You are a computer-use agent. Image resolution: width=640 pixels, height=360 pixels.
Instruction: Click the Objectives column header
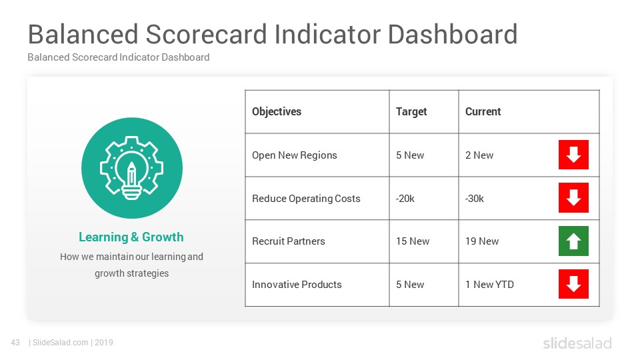tap(276, 112)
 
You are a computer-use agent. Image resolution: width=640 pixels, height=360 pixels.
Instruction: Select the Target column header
tap(411, 112)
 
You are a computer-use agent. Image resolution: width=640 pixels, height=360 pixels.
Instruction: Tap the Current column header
tap(483, 112)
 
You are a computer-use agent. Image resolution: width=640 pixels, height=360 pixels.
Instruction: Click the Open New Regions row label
tap(294, 155)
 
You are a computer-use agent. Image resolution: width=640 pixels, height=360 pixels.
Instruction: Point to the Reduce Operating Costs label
tap(306, 199)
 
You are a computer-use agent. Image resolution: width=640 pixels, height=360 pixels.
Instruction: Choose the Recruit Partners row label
tap(289, 241)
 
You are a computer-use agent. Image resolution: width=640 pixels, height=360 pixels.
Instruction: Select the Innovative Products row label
tap(297, 285)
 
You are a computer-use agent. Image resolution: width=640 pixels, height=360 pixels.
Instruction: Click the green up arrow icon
tap(573, 241)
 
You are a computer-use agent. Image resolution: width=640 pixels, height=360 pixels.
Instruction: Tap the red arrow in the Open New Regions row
tap(573, 155)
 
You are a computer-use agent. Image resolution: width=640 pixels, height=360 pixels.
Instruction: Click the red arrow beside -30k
tap(573, 197)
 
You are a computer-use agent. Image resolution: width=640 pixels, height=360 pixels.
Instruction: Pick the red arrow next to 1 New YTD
tap(573, 284)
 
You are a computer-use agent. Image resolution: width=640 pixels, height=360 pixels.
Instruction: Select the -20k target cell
tap(405, 199)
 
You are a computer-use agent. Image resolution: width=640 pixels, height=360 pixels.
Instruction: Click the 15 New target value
tap(413, 241)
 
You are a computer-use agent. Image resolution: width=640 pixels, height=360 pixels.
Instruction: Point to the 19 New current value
tap(482, 241)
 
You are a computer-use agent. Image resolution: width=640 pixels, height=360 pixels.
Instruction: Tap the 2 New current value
tap(479, 155)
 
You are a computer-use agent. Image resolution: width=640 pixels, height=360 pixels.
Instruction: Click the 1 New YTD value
tap(489, 285)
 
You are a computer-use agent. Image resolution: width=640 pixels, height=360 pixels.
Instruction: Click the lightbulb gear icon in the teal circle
tap(132, 168)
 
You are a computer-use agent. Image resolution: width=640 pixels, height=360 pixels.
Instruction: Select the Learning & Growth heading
tap(131, 237)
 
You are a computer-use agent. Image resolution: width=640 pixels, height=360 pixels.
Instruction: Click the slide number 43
tap(15, 343)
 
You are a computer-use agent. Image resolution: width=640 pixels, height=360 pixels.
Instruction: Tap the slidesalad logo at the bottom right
tap(577, 343)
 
